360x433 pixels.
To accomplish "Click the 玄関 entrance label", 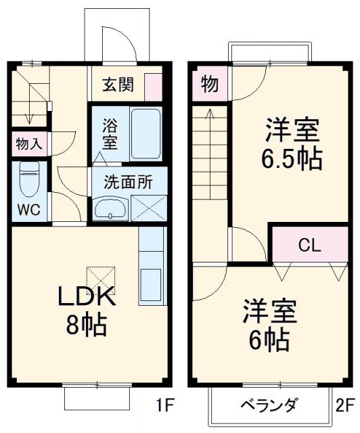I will tap(118, 85).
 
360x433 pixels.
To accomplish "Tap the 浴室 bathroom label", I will tap(110, 134).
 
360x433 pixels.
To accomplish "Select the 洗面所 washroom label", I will tap(127, 181).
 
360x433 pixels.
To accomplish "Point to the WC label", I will tap(28, 209).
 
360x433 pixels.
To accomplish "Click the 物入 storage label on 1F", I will tap(28, 143).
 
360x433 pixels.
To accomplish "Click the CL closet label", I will tap(310, 245).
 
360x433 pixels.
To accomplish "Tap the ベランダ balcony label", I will tap(269, 406).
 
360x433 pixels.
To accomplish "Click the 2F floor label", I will tap(345, 407).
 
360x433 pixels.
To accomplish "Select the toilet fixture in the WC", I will tap(29, 180).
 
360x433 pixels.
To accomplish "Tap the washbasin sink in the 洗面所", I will tap(109, 208).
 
